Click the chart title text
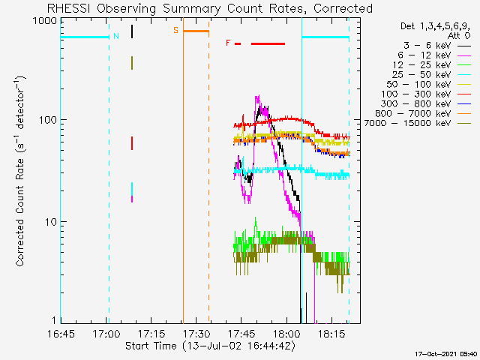click(x=210, y=8)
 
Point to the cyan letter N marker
click(x=115, y=35)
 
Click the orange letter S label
click(x=176, y=30)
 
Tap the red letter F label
click(x=228, y=43)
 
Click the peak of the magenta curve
click(x=257, y=97)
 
